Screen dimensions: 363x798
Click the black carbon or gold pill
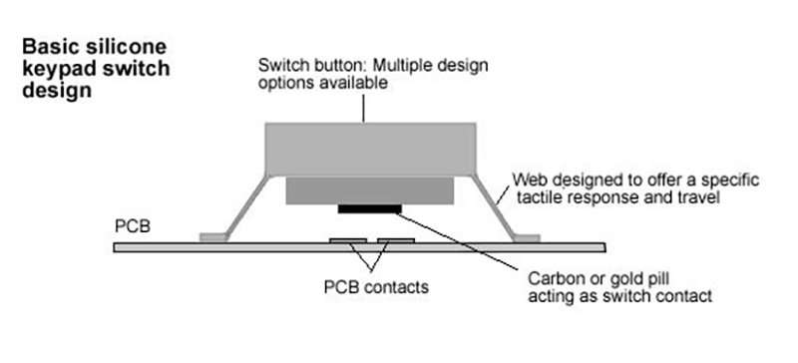point(369,208)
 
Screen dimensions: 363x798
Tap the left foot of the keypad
point(213,237)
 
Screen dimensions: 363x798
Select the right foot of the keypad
point(526,237)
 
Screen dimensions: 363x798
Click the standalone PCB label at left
point(133,226)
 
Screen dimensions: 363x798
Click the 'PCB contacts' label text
point(376,287)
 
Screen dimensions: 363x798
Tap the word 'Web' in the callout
point(529,181)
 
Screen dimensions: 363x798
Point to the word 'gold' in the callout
point(625,277)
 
